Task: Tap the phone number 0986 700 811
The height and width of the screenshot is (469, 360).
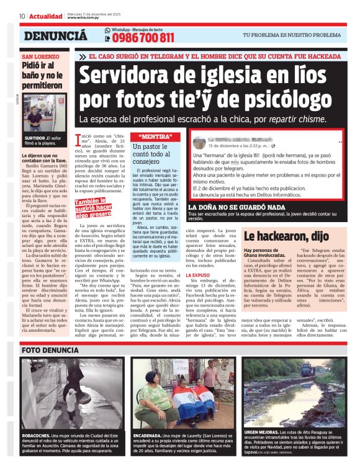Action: [143, 38]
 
